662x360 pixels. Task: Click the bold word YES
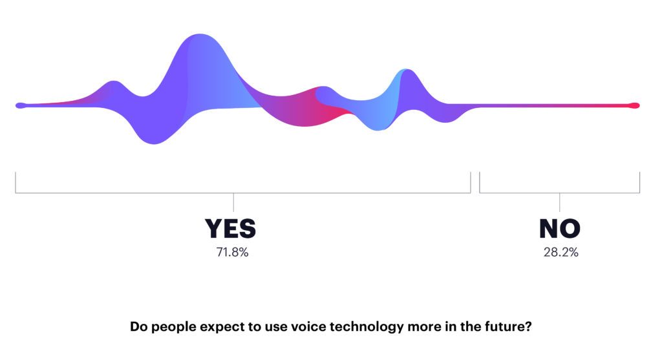(x=231, y=228)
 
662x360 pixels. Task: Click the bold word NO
(x=560, y=228)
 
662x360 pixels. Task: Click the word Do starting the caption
(x=138, y=326)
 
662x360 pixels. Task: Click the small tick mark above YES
(x=233, y=202)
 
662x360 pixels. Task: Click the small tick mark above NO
(x=560, y=202)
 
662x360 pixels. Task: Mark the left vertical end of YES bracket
(x=16, y=182)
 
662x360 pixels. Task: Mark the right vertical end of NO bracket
(x=640, y=182)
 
